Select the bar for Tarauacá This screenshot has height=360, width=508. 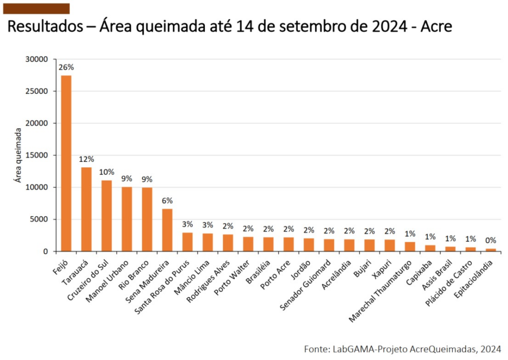coord(86,209)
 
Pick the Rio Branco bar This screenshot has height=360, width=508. coord(147,219)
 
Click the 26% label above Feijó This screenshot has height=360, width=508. coord(66,68)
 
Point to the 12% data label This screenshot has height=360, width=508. coord(86,159)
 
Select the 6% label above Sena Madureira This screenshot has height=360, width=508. coord(167,201)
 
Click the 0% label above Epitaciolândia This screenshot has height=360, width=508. coord(490,240)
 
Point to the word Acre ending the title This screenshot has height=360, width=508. coord(436,26)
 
